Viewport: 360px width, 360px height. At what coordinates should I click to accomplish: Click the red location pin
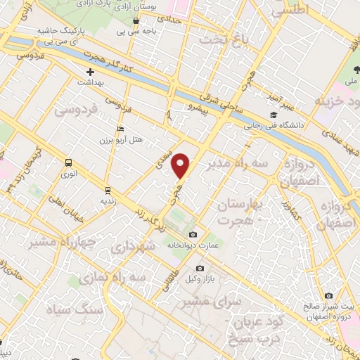click(x=182, y=166)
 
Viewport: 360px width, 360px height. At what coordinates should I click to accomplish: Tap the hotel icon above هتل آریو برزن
click(x=121, y=129)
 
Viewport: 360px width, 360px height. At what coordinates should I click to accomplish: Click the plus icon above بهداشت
click(x=90, y=72)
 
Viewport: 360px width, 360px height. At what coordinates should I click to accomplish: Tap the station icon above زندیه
click(x=108, y=189)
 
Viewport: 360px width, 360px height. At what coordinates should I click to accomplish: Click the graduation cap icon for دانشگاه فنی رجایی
click(x=272, y=116)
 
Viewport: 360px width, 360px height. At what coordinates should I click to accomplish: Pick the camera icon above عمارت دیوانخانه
click(x=193, y=234)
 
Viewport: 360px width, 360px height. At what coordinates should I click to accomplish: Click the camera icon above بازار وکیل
click(x=200, y=269)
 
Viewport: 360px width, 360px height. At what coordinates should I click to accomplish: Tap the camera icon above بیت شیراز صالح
click(x=328, y=296)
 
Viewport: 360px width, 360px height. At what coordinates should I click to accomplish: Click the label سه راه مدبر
click(x=245, y=165)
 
